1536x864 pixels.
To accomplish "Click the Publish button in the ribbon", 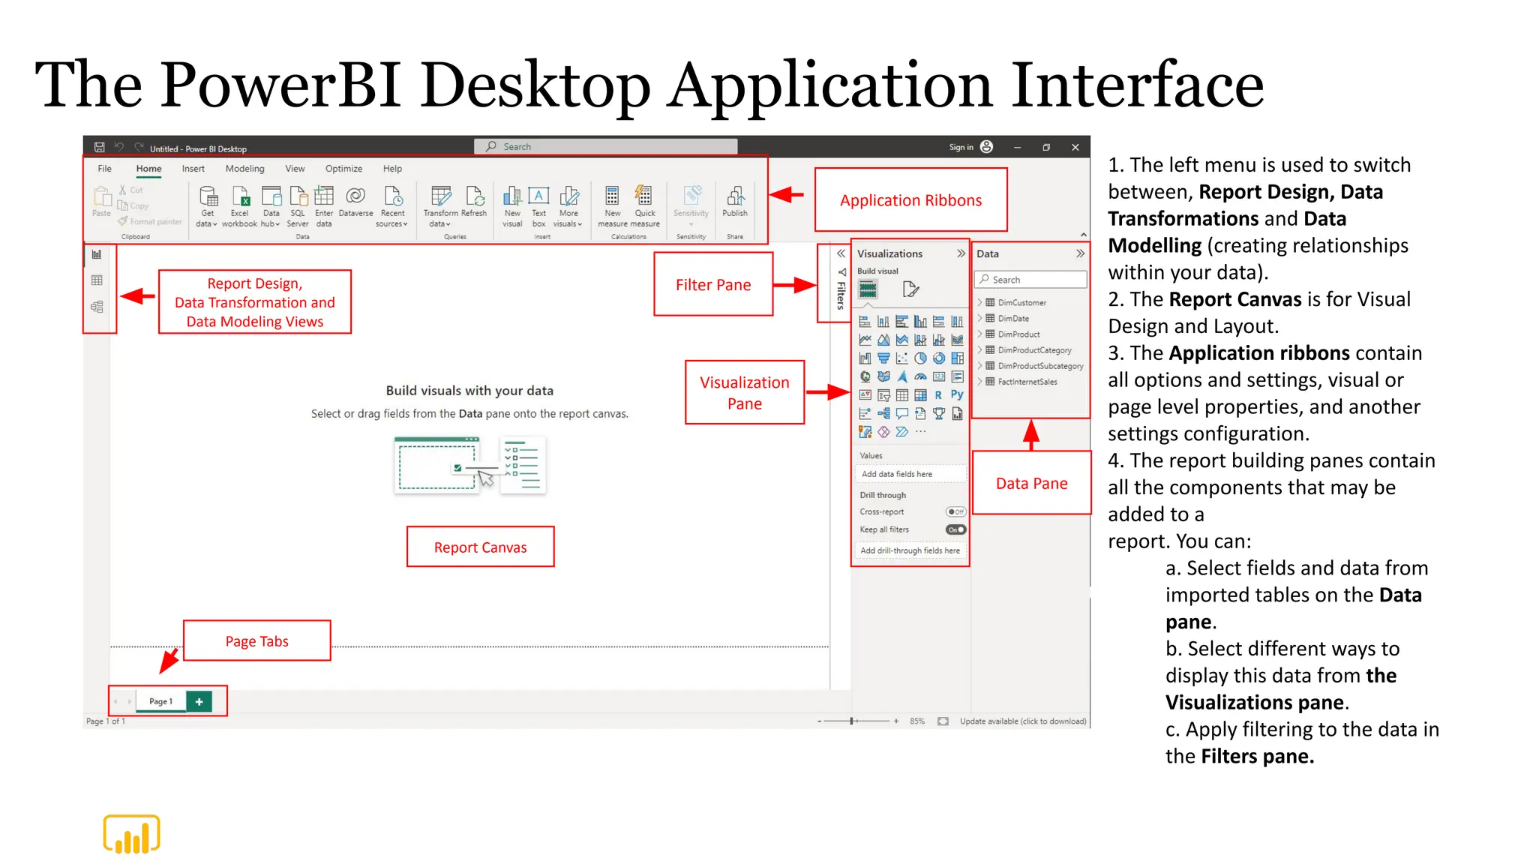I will point(734,202).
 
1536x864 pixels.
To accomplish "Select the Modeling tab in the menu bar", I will point(244,169).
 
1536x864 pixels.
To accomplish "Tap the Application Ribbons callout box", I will point(910,200).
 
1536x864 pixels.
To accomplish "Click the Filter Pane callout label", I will point(712,285).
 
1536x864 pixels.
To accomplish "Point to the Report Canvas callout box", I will point(480,547).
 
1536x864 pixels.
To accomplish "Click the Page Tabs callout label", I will point(256,641).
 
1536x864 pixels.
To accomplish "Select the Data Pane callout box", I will point(1031,484).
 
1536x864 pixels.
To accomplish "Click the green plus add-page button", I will point(199,701).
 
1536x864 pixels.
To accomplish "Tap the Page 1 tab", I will point(160,701).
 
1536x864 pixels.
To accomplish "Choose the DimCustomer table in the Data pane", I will point(1021,303).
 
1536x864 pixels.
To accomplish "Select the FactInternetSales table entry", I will point(1027,382).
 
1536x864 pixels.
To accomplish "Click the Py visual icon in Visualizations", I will point(957,394).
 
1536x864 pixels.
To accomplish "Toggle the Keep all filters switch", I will point(955,529).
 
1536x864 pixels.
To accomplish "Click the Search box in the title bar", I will point(605,147).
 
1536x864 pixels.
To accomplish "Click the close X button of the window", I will point(1075,148).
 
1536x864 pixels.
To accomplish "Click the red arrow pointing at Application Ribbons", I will point(787,195).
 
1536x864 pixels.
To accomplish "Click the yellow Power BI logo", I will point(132,834).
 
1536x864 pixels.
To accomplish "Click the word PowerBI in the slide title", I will point(281,85).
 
